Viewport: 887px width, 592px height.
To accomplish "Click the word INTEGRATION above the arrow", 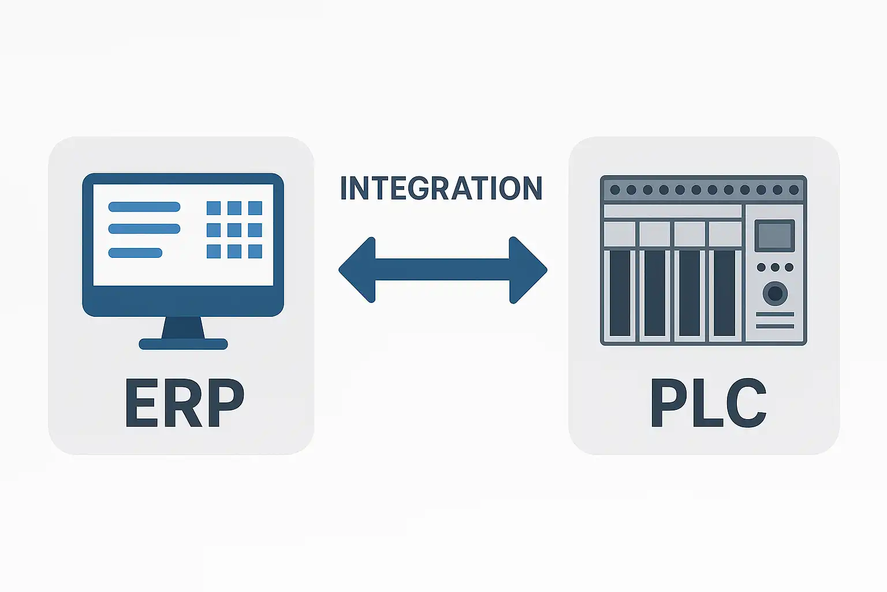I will click(441, 188).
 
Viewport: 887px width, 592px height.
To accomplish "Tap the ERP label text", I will click(184, 404).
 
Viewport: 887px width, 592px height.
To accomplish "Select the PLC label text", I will click(708, 404).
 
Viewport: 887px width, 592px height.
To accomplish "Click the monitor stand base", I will click(183, 345).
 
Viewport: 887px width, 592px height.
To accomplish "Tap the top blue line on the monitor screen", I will click(144, 207).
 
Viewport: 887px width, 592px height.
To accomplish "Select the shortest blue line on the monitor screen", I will click(135, 253).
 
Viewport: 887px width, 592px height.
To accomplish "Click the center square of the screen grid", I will click(234, 230).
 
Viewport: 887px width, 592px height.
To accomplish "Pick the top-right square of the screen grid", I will click(255, 208).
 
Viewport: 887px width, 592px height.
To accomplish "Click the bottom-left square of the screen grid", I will click(214, 251).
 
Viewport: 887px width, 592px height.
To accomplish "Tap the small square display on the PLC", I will click(774, 235).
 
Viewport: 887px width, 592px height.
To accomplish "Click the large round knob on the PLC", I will click(775, 294).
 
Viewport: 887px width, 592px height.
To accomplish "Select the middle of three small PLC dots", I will click(775, 268).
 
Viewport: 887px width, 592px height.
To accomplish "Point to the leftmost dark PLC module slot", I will click(620, 293).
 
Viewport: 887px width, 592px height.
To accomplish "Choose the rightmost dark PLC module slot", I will click(724, 293).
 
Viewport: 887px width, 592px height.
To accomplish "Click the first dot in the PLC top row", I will click(615, 190).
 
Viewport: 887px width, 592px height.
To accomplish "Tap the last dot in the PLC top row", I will click(793, 190).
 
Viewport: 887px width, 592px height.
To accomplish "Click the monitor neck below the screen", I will click(183, 328).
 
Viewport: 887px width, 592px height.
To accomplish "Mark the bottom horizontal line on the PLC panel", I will click(775, 326).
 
